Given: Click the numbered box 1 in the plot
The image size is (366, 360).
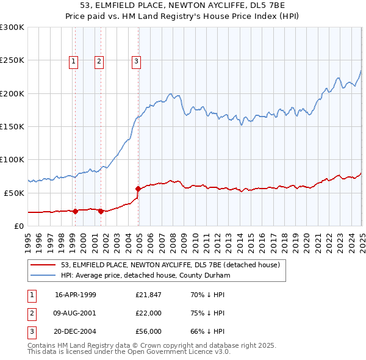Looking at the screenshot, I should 73,60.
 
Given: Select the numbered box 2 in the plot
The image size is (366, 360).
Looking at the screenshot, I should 99,60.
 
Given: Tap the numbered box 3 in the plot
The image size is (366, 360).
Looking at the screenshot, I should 136,60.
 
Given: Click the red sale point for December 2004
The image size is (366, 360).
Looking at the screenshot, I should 138,189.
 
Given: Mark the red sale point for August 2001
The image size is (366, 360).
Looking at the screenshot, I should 101,211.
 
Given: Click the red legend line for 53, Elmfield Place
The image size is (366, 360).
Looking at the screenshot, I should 43,265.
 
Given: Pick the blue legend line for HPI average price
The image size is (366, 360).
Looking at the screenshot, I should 43,276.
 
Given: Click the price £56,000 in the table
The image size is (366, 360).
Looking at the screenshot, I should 148,332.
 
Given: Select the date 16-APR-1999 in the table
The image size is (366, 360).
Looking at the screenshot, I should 76,294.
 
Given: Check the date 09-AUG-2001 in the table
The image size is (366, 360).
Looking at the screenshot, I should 76,313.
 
